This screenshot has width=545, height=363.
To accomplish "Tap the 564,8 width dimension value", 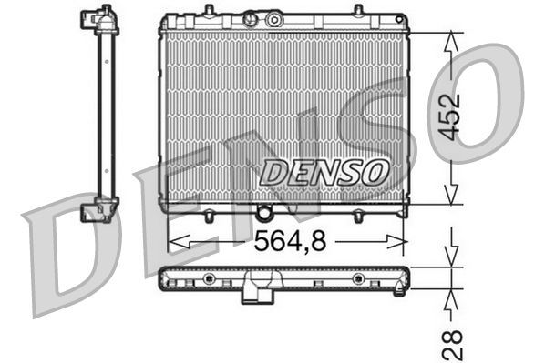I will click(x=283, y=241).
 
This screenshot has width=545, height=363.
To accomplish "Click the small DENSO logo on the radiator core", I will click(x=324, y=170).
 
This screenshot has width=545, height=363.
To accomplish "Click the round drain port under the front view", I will click(x=264, y=214).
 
